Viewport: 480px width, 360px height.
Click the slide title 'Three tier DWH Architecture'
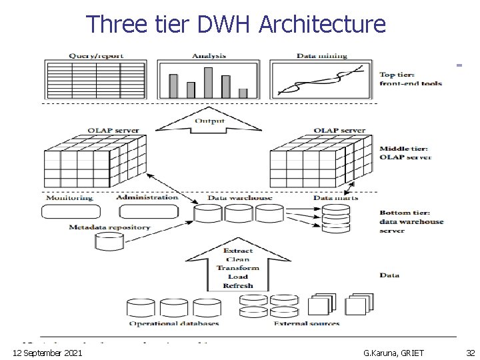click(x=236, y=25)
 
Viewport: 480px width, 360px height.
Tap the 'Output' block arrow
click(x=209, y=122)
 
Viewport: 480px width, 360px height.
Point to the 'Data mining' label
click(x=321, y=55)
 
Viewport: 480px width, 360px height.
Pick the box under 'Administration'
click(x=148, y=211)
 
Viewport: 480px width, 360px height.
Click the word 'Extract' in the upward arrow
click(x=237, y=251)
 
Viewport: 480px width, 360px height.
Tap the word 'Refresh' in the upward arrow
click(x=237, y=285)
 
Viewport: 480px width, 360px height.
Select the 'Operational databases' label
click(x=173, y=323)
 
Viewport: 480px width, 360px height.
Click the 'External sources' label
click(x=307, y=323)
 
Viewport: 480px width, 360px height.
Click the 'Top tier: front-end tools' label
click(x=410, y=79)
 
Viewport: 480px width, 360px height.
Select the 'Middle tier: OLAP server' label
click(x=405, y=153)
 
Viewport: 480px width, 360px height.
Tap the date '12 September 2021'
click(x=47, y=352)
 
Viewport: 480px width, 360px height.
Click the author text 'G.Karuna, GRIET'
click(x=393, y=352)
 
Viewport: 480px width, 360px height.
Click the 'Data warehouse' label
click(x=240, y=198)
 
